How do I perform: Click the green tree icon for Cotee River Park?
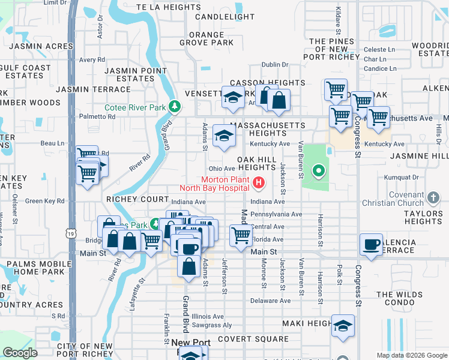click(x=175, y=107)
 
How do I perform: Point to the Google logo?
click(x=20, y=353)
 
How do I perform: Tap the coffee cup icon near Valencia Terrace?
click(x=371, y=244)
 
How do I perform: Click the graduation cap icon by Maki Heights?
click(x=343, y=325)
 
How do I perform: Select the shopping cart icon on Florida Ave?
click(x=241, y=235)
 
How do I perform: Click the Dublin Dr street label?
click(x=275, y=65)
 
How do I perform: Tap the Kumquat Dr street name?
click(x=403, y=177)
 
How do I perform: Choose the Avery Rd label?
click(x=92, y=60)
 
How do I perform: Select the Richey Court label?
click(x=137, y=199)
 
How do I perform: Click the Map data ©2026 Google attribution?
click(x=412, y=355)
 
